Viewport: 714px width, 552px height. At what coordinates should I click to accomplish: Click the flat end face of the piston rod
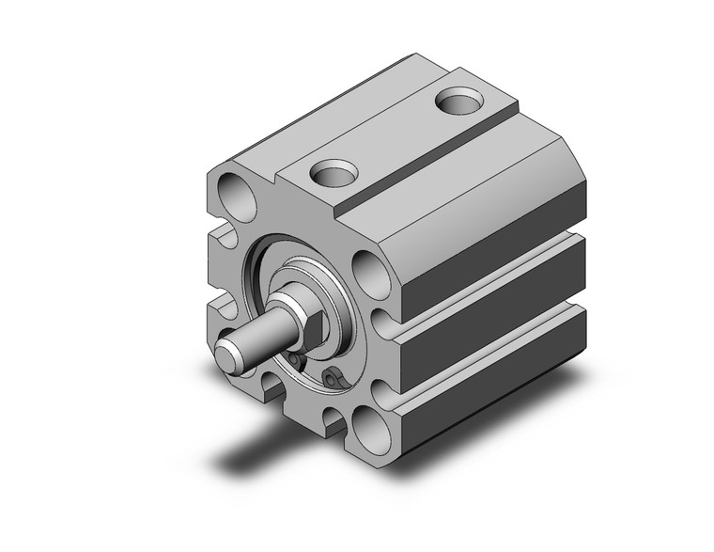click(225, 355)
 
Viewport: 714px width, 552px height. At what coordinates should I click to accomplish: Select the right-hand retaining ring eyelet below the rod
click(331, 378)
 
